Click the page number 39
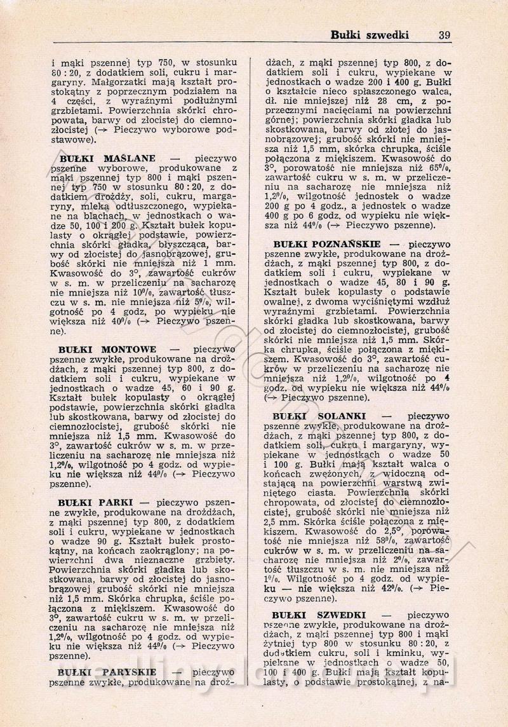point(444,35)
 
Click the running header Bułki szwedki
point(370,35)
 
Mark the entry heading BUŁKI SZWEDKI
point(318,615)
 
